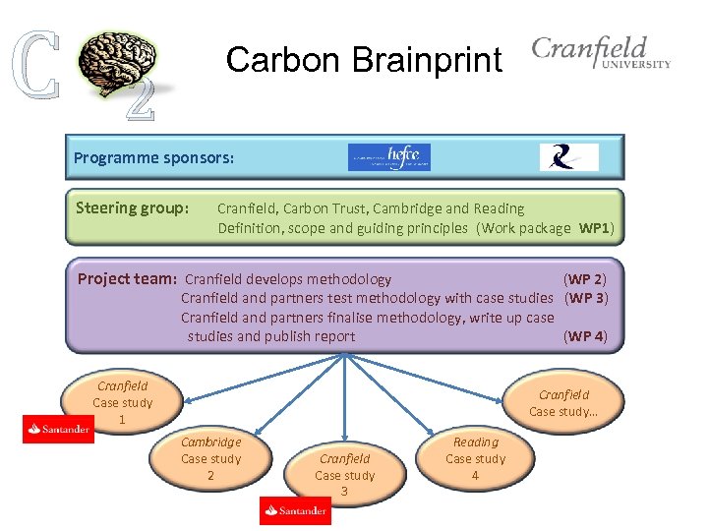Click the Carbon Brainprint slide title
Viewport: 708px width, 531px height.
[x=364, y=60]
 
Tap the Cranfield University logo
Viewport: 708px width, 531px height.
[x=601, y=53]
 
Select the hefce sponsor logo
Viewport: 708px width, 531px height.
[x=389, y=157]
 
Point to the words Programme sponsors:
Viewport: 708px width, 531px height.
[x=153, y=157]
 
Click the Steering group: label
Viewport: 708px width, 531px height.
[x=133, y=208]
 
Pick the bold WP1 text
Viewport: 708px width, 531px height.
[x=596, y=228]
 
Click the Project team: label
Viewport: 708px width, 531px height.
[x=127, y=278]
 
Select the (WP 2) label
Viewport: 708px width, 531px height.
[x=585, y=279]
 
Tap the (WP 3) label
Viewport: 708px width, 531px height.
[x=585, y=298]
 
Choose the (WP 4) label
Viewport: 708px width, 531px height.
[x=585, y=336]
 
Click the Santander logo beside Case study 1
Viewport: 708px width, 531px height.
[x=59, y=429]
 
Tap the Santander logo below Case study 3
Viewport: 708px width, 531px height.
[x=296, y=510]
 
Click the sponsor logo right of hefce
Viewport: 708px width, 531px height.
[x=568, y=157]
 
